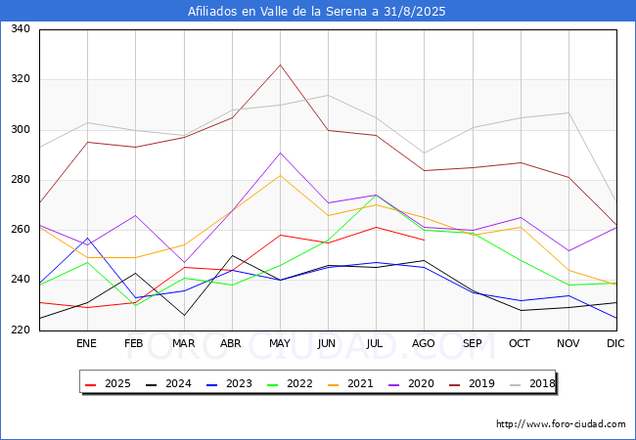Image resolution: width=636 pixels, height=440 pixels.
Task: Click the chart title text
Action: [316, 12]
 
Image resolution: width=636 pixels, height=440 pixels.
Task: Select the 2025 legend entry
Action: [108, 383]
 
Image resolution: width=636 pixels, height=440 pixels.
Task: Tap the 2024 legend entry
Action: [168, 383]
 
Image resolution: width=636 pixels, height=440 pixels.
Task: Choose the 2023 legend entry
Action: [229, 383]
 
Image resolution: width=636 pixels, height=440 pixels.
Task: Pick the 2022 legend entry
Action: [290, 383]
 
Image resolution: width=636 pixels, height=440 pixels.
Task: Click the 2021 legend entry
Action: [350, 383]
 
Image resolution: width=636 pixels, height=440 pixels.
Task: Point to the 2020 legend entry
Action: [411, 383]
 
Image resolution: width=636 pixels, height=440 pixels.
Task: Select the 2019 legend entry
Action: [472, 383]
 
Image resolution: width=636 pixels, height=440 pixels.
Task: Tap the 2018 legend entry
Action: [532, 383]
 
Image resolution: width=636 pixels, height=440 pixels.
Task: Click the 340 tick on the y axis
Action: [21, 28]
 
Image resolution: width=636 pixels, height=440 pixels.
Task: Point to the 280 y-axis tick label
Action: [21, 180]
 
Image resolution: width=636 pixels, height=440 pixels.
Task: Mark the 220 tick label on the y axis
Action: [21, 330]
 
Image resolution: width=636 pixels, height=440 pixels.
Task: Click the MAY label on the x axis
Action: [280, 343]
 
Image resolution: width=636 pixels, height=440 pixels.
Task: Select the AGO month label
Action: [424, 343]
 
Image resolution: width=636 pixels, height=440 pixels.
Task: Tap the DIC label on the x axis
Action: [615, 343]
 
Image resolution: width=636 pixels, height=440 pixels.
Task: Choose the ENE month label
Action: [86, 343]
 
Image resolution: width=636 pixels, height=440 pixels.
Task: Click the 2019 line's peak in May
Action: [280, 65]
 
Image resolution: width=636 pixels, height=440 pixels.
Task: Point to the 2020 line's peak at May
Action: [280, 153]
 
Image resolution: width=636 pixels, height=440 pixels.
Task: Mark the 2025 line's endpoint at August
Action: [425, 241]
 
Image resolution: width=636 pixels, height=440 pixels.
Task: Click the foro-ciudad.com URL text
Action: [561, 423]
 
